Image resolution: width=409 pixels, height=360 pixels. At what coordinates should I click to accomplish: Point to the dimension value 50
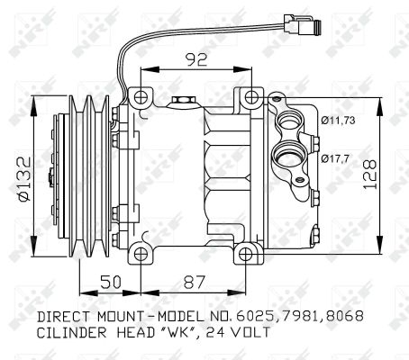(111, 281)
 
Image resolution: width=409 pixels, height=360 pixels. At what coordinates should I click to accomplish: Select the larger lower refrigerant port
(293, 156)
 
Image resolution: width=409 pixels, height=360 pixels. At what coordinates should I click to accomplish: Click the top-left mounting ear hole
(140, 95)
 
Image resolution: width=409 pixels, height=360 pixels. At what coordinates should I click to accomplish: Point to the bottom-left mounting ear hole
(140, 251)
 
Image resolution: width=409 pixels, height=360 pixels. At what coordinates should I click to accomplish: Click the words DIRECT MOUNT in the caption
(89, 317)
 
